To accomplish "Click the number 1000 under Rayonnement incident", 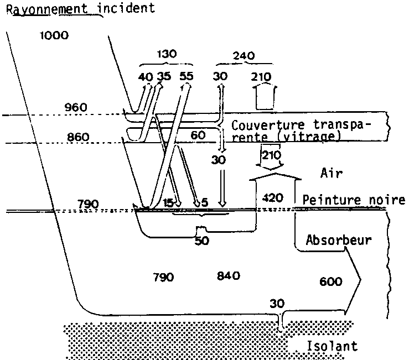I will coord(55,36).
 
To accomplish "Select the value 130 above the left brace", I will coord(166,54).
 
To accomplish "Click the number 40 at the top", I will coord(146,76).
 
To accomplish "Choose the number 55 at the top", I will coord(187,76).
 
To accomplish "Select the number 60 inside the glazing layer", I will coord(198,134).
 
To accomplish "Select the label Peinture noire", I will coord(354,200).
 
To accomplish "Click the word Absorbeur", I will coord(337,241).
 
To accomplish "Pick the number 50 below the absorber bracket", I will coord(201,241).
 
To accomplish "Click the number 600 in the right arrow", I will coord(330,282).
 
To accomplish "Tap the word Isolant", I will coord(331,347).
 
